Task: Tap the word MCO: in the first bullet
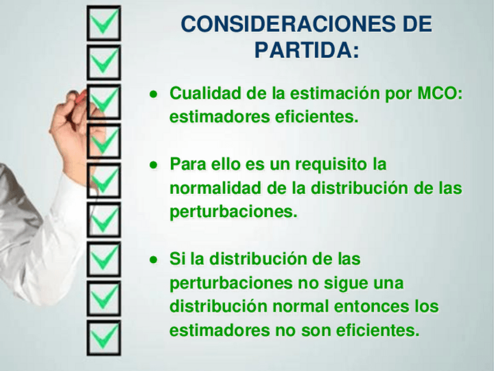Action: click(x=440, y=93)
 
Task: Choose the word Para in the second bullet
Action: click(x=188, y=164)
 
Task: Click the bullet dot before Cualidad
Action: click(x=153, y=94)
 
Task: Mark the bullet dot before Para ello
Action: click(x=153, y=165)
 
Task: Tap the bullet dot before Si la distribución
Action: click(x=153, y=260)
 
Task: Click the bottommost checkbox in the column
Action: click(x=104, y=354)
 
